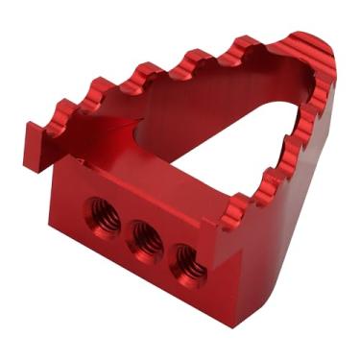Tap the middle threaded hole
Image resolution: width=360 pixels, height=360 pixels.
[x=143, y=236]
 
